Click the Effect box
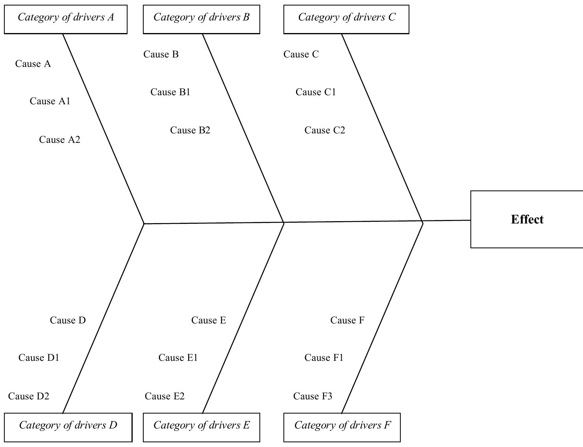527,219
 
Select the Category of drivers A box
66,19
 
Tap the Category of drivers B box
201,19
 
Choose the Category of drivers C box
346,19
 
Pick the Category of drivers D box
68,427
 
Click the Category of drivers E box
201,427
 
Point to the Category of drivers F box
342,427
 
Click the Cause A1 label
50,101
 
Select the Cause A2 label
59,140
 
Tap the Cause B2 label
190,130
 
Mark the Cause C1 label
316,92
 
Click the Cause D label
68,320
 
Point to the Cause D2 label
29,396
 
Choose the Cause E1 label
178,358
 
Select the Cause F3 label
313,396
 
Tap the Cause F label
347,320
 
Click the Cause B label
161,54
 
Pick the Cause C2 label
325,130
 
